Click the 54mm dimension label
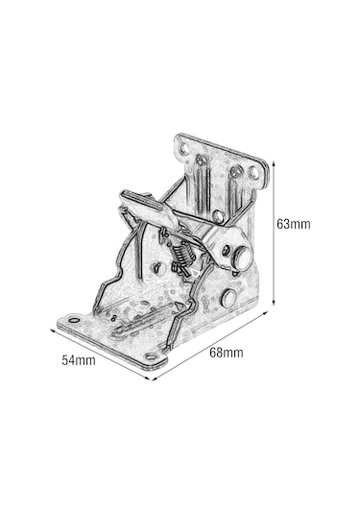79,360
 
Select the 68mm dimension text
227,353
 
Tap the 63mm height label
294,224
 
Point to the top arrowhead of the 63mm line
274,163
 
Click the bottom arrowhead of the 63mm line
274,303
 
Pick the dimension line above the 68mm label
210,346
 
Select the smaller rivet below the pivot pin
228,298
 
